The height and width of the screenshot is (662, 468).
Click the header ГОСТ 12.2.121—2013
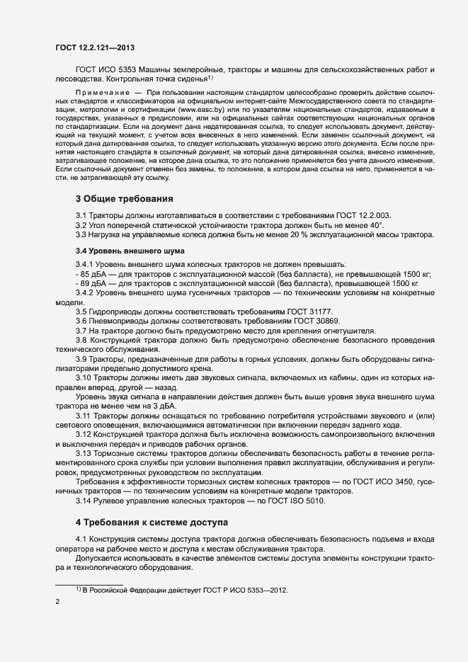click(94, 47)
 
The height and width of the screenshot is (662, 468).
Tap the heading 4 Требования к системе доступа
click(152, 522)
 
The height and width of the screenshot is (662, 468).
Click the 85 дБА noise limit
click(93, 273)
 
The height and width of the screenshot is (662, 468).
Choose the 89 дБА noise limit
click(93, 283)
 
